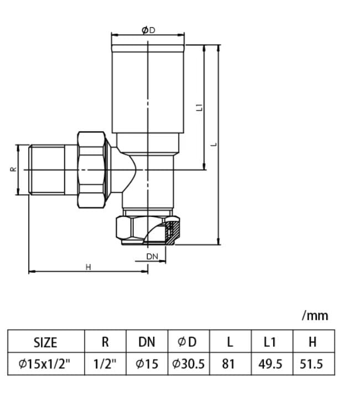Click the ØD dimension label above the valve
[x=148, y=30]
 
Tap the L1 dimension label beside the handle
[x=200, y=107]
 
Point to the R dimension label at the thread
[x=13, y=169]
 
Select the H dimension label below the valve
[x=88, y=267]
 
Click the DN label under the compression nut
[x=152, y=256]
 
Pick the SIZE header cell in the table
[x=45, y=342]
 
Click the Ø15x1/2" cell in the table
[x=44, y=364]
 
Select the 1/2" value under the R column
[x=105, y=364]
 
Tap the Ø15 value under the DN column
[x=147, y=364]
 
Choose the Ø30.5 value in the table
[x=189, y=364]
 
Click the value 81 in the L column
[x=228, y=364]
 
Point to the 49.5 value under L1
[x=270, y=364]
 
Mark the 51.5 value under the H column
[x=311, y=364]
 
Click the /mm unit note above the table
[x=315, y=316]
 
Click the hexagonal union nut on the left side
[x=91, y=170]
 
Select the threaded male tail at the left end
[x=46, y=170]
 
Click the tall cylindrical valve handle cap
[x=148, y=89]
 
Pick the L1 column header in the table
[x=270, y=342]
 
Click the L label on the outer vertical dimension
[x=214, y=145]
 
